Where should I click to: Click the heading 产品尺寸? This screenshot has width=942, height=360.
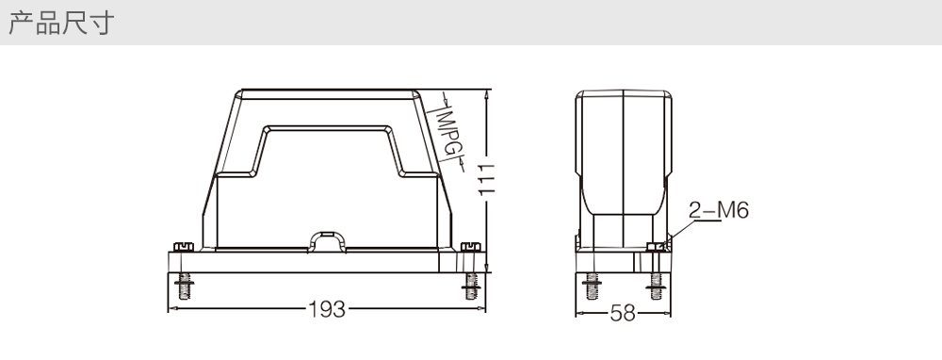60,23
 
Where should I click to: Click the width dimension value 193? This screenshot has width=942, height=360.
327,309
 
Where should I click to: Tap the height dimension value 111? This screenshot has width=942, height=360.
487,178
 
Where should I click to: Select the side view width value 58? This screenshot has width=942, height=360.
623,313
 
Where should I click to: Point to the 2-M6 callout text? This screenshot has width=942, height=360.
719,210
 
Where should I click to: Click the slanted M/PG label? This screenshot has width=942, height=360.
448,132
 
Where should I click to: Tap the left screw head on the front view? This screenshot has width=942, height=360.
184,246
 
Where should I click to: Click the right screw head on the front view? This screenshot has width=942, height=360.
470,246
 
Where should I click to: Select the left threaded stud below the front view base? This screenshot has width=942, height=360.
184,286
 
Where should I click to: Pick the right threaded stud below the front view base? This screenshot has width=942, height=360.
471,286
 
